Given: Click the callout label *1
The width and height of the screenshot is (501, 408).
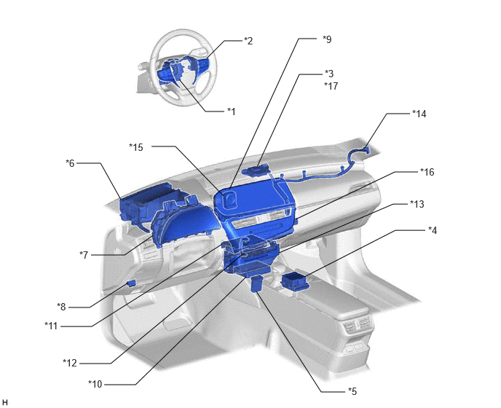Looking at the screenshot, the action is point(232,111).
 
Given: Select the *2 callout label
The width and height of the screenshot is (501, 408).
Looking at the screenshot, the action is point(248,41).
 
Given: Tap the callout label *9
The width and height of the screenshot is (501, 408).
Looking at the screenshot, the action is point(327,39).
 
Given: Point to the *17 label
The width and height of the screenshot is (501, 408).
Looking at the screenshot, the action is point(331,86).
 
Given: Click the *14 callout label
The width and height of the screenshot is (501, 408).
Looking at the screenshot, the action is point(419,114).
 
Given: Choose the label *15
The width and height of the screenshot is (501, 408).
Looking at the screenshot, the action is point(136,147).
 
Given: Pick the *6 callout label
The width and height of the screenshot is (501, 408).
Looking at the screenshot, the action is point(70,163).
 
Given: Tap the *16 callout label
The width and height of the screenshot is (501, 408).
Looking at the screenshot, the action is point(427,172).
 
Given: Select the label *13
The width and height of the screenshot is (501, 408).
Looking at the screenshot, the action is point(417,204).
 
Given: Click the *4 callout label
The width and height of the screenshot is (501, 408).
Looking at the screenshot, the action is point(433,230).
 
